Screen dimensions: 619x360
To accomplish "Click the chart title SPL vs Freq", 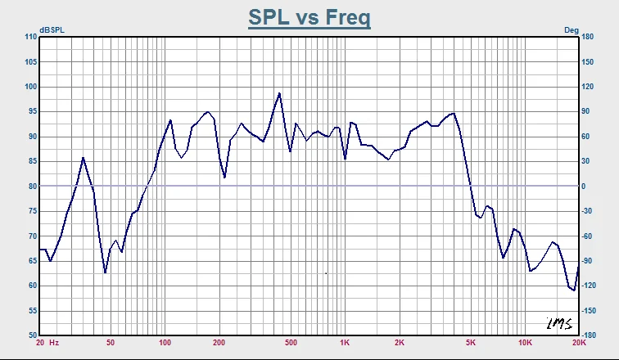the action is tap(309, 18).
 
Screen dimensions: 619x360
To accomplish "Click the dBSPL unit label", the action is tap(52, 30).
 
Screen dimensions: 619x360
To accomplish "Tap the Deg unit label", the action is tap(572, 30).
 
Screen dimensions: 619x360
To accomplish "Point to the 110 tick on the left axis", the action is tap(31, 37).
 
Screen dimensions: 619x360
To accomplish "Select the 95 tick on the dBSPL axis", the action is tap(33, 111).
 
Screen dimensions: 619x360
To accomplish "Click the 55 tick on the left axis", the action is tap(33, 311).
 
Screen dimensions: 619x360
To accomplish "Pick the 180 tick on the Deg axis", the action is tap(587, 37).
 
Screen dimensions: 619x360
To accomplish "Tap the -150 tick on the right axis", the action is tap(588, 311).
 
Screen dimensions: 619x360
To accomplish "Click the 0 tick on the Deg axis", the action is tap(584, 186).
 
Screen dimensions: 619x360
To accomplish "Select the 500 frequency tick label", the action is tap(291, 343).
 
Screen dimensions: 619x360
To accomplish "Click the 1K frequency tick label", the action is tap(345, 343).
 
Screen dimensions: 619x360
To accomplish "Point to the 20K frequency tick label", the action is tap(580, 343).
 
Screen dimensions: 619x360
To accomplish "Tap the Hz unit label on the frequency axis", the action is tap(54, 343).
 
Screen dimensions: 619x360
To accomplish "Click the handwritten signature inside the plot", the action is tap(559, 323).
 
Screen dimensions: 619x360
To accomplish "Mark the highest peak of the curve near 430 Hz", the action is tap(279, 93).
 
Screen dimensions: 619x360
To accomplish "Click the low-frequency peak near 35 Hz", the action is tap(83, 158).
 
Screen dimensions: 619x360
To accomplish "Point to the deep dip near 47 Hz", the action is tap(105, 272).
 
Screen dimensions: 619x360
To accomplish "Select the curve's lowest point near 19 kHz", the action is tap(575, 290).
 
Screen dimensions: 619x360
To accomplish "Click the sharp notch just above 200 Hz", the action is tap(224, 178).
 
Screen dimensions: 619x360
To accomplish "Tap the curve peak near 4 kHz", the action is tap(454, 114).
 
